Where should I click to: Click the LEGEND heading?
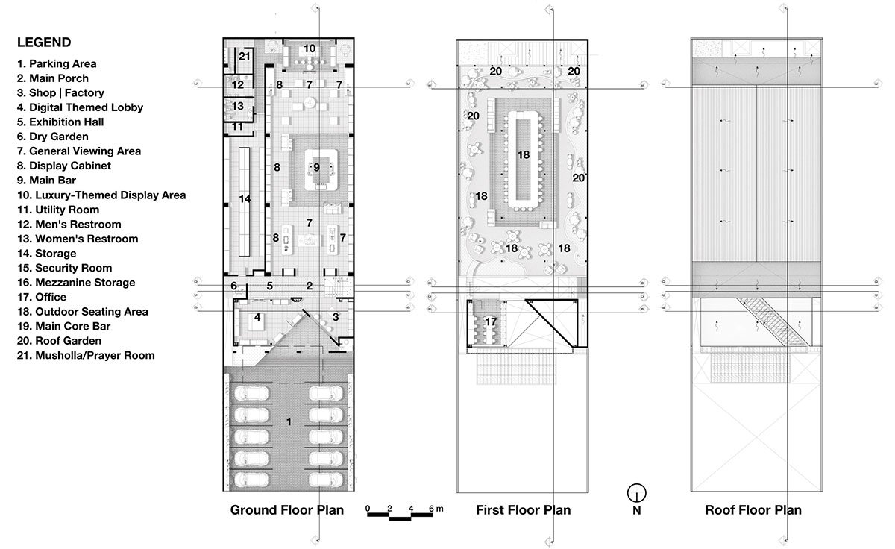(44, 43)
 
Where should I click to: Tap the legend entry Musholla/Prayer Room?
(85, 355)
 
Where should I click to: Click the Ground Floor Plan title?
(287, 510)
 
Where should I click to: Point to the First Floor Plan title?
(523, 510)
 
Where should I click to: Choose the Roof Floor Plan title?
(753, 510)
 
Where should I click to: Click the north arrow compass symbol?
(636, 492)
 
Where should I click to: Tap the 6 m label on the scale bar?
(435, 509)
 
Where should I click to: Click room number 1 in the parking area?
(289, 422)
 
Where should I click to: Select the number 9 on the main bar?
(316, 167)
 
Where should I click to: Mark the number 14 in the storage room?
(245, 198)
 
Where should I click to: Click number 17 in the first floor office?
(490, 321)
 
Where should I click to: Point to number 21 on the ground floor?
(245, 56)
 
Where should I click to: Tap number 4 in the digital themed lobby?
(257, 317)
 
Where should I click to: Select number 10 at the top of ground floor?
(310, 48)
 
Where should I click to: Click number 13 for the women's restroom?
(238, 107)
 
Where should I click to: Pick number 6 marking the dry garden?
(233, 286)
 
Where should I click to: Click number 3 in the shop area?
(335, 317)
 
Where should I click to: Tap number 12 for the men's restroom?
(238, 85)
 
